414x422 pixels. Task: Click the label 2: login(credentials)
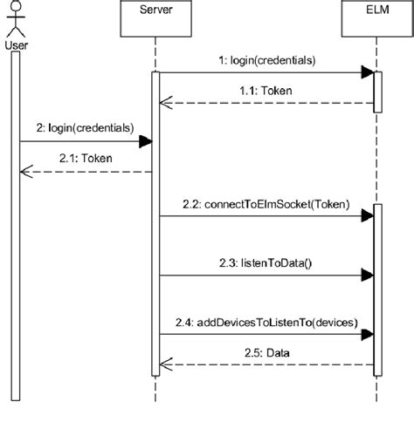point(86,126)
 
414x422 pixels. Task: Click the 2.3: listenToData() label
point(265,261)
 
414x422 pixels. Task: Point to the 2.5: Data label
point(266,352)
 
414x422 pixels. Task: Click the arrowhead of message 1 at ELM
point(368,73)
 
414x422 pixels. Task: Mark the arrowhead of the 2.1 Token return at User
point(26,173)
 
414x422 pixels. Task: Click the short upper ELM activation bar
point(378,92)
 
